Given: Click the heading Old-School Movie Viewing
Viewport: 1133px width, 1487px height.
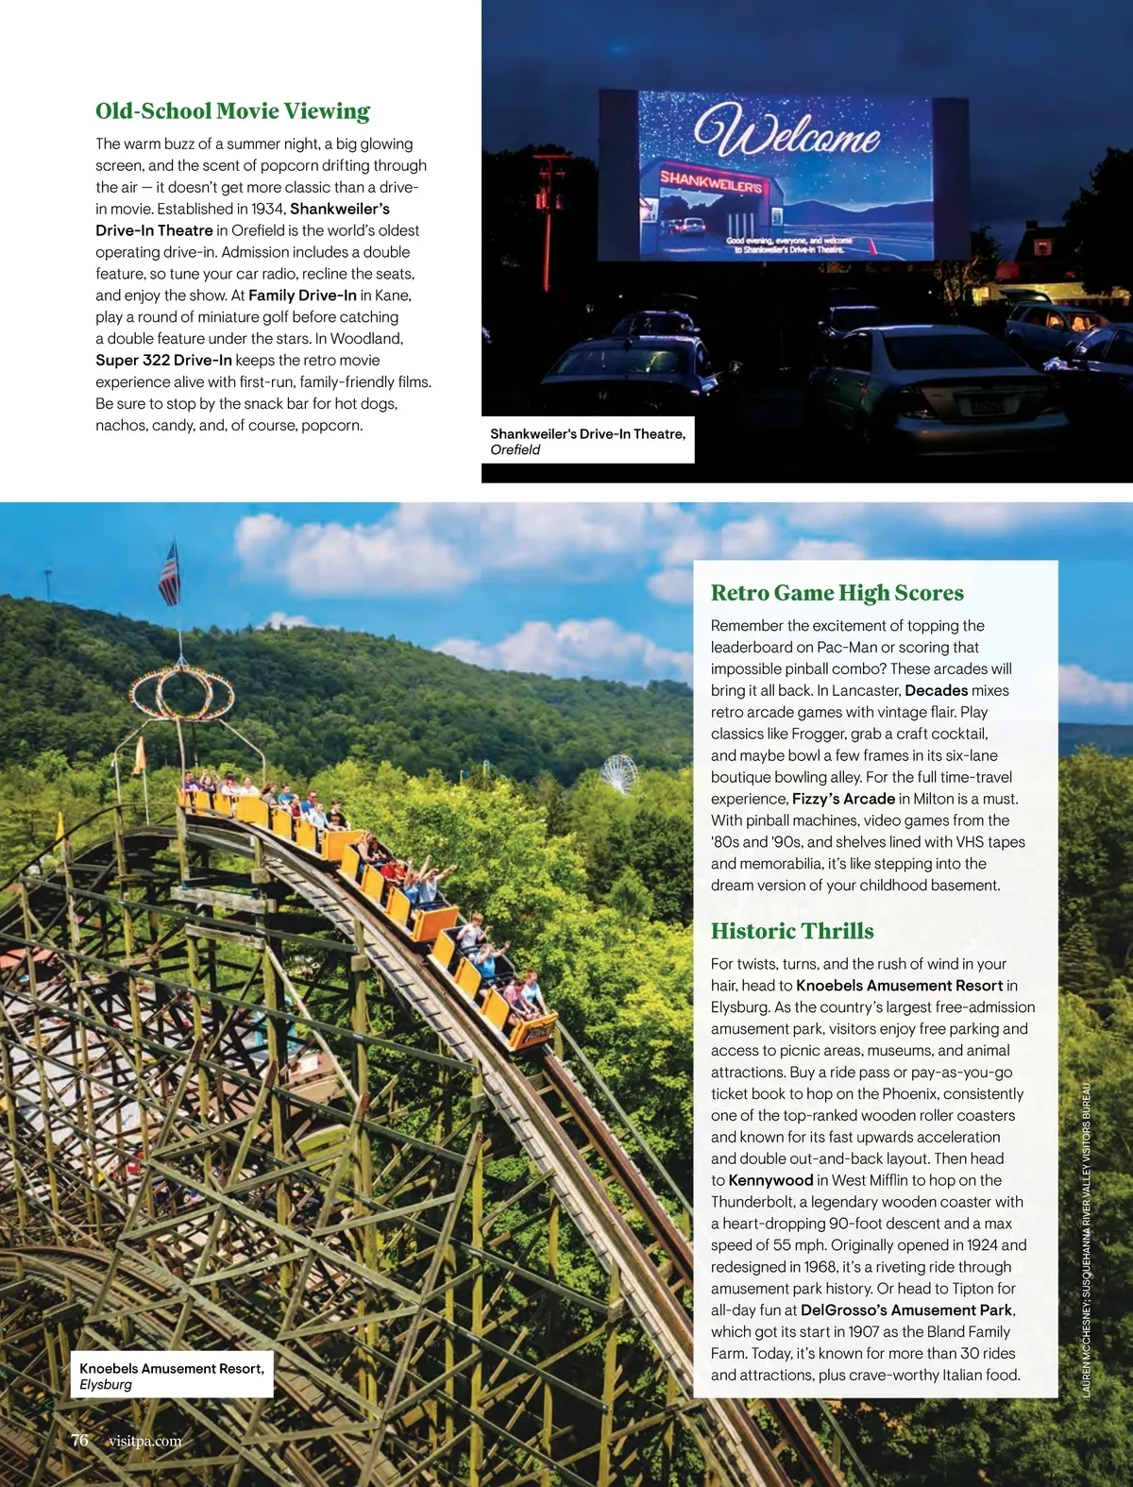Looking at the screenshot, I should pyautogui.click(x=232, y=111).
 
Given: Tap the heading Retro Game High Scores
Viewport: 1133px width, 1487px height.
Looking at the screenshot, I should pyautogui.click(x=837, y=593).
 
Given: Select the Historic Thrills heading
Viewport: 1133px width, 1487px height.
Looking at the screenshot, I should pyautogui.click(x=791, y=931).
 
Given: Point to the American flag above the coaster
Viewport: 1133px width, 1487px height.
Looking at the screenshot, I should pyautogui.click(x=169, y=573).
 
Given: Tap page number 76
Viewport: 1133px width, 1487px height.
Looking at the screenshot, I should pyautogui.click(x=79, y=1440).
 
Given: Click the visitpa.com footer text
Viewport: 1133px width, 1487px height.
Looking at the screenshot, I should pyautogui.click(x=144, y=1441).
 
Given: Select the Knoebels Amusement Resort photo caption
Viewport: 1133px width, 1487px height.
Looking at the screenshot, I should pyautogui.click(x=171, y=1376).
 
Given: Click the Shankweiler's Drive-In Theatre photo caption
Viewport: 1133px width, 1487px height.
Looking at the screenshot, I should pyautogui.click(x=587, y=441).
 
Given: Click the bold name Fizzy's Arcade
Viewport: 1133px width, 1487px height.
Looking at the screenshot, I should pyautogui.click(x=843, y=799).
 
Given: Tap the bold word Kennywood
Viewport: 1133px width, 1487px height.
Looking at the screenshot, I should pyautogui.click(x=770, y=1180).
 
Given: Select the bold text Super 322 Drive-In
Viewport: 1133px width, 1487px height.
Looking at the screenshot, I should pyautogui.click(x=163, y=360).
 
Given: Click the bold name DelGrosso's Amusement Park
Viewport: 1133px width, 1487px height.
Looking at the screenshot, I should pyautogui.click(x=906, y=1310).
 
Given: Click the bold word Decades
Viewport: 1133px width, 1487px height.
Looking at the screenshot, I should pyautogui.click(x=936, y=690).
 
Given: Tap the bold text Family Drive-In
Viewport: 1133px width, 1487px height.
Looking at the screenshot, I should pyautogui.click(x=302, y=296).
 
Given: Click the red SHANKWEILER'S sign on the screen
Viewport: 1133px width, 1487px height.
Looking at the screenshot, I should pyautogui.click(x=711, y=181).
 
